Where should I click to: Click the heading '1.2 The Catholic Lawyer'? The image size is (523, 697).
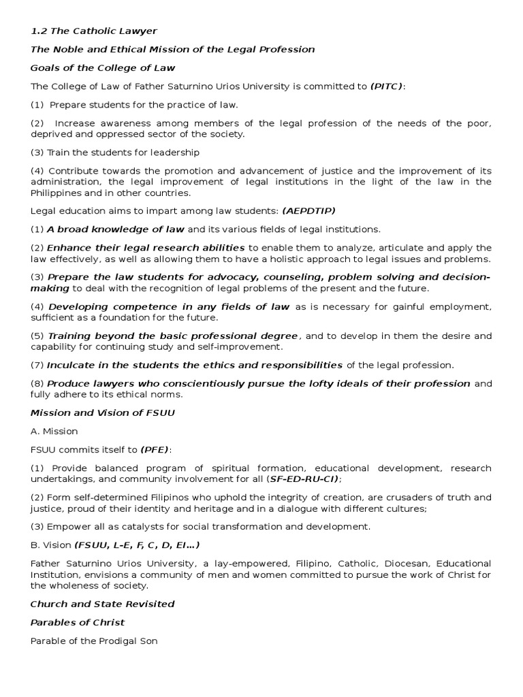[x=94, y=31]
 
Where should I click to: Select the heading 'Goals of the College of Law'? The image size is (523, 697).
[x=103, y=67]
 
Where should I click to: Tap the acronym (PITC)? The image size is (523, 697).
[x=386, y=86]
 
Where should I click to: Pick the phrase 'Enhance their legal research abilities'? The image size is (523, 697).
[x=146, y=247]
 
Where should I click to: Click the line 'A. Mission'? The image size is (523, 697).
[x=54, y=431]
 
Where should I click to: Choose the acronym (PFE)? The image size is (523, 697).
[x=156, y=449]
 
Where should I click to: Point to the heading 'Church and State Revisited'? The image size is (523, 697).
[x=103, y=604]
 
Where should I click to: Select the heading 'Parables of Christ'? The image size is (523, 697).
[x=78, y=622]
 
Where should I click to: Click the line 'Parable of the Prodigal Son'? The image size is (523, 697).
[x=94, y=641]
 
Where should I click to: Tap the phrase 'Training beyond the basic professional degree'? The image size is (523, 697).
[x=172, y=336]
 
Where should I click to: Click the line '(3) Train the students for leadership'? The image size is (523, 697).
[x=115, y=152]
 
